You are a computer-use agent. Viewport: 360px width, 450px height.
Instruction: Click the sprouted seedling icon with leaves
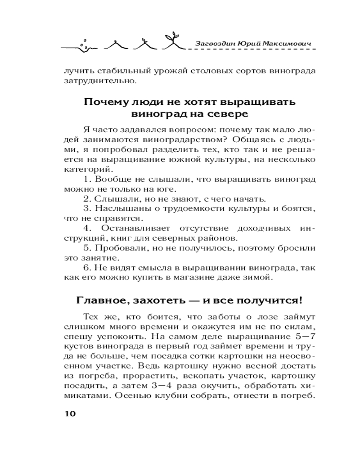(172, 41)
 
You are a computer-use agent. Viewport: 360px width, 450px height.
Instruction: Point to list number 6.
(86, 269)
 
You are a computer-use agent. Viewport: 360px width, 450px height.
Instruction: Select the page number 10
(71, 414)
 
